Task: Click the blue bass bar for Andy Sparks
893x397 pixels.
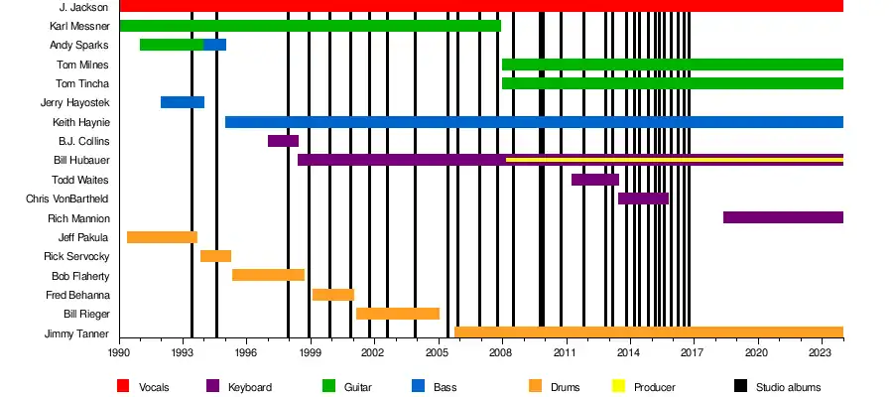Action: click(215, 45)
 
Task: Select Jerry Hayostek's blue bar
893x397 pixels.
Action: click(183, 102)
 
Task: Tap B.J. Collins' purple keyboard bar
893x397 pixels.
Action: click(283, 141)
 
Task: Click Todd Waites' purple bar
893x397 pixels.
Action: click(595, 180)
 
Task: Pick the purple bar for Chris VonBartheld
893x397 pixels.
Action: click(643, 198)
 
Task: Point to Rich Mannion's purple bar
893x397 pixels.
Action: click(783, 217)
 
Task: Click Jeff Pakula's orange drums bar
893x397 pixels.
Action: click(162, 237)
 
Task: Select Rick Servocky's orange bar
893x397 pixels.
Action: click(215, 256)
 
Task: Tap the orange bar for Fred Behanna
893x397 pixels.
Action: click(333, 295)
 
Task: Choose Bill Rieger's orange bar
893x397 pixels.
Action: click(398, 314)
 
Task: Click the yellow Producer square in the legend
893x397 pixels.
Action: click(619, 386)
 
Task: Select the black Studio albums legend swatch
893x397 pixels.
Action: click(740, 386)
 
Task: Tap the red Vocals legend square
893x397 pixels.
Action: click(123, 386)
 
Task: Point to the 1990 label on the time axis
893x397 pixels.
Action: click(119, 352)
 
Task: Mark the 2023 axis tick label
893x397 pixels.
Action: click(820, 352)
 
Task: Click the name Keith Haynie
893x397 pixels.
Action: click(80, 122)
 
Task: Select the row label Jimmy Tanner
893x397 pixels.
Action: click(76, 333)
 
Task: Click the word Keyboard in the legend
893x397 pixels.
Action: click(249, 386)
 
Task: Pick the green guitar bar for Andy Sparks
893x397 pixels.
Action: click(172, 45)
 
